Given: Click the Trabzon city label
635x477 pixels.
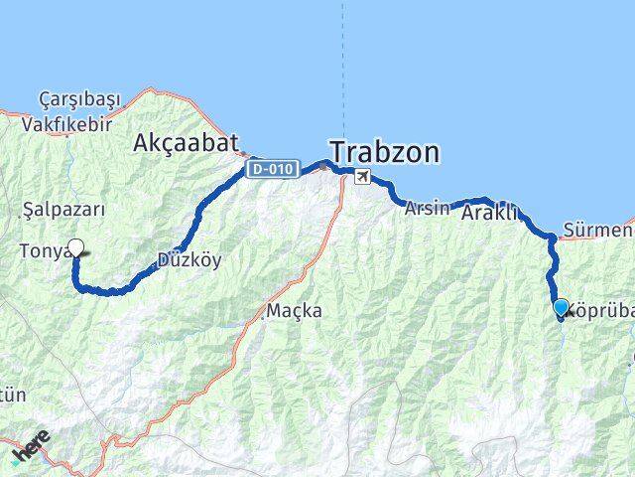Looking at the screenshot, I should [x=385, y=152].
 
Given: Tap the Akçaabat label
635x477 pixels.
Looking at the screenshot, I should [x=186, y=144].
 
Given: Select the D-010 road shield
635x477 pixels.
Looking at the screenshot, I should [x=274, y=169].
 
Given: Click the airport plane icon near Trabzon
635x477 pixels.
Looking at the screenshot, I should [x=363, y=177].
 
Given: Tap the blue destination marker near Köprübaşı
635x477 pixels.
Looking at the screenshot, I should [x=562, y=308].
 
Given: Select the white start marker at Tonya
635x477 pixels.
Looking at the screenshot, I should [x=75, y=248].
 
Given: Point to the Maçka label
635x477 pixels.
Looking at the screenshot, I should [x=294, y=311].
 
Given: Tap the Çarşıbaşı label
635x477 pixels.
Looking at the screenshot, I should [x=79, y=98].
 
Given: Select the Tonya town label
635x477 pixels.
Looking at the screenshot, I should [x=42, y=252].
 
